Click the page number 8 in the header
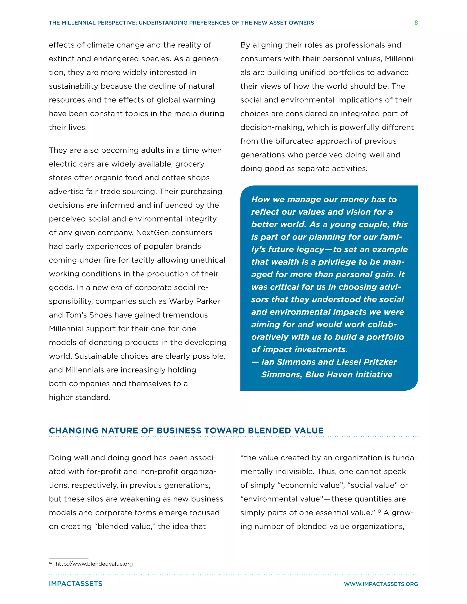[416, 23]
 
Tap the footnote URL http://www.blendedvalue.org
[94, 564]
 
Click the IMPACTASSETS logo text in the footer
[75, 584]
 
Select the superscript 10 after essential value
[378, 511]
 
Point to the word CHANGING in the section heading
[73, 431]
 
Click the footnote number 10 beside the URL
[50, 563]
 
